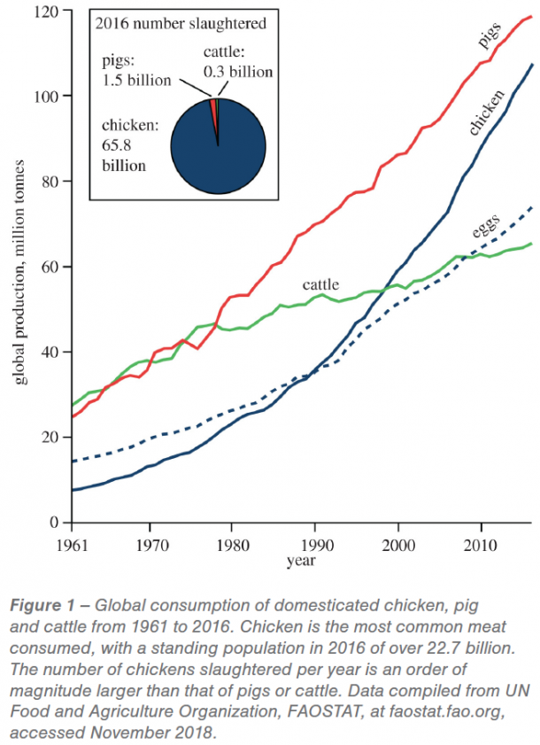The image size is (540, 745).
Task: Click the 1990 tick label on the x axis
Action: (316, 540)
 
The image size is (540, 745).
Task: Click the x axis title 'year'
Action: (297, 560)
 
